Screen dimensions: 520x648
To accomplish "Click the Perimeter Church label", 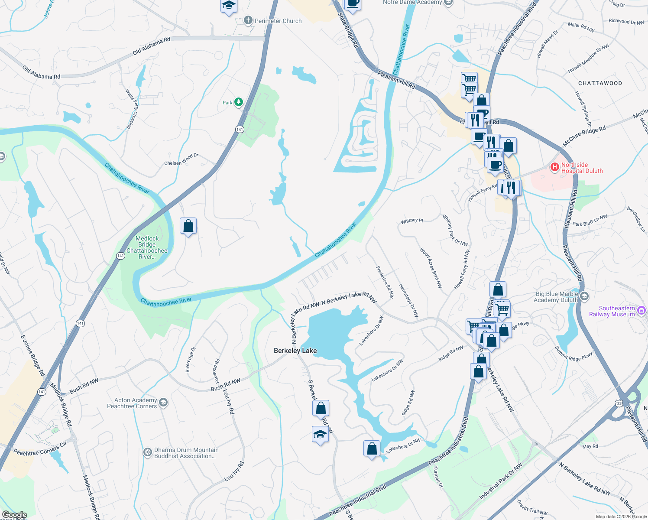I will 278,21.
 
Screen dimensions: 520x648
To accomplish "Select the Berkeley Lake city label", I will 295,351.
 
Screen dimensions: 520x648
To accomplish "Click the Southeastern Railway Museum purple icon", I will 642,311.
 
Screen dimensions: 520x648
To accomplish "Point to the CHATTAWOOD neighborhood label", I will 600,83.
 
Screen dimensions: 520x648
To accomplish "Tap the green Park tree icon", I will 239,102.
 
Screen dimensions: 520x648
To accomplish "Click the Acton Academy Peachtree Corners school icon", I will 163,403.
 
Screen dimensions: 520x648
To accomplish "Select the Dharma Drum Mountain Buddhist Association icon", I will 148,452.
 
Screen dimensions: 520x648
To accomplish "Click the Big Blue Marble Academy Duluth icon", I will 584,296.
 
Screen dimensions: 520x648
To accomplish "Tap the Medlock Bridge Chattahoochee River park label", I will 147,247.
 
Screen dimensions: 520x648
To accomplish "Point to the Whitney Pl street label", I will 411,221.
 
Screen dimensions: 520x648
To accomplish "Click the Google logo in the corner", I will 15,515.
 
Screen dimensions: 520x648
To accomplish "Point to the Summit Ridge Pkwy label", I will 573,352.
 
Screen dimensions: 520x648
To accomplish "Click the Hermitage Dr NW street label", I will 408,300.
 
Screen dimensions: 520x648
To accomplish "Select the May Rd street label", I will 590,446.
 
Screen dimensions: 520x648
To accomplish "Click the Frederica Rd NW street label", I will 385,282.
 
